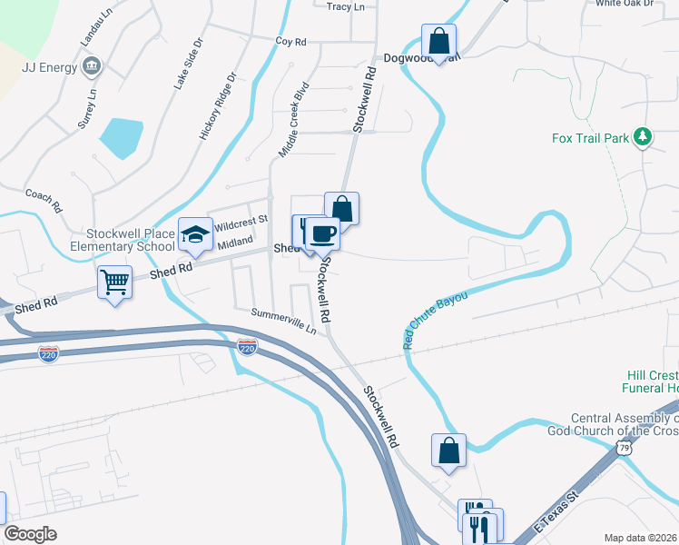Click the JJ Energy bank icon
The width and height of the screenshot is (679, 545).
[92, 65]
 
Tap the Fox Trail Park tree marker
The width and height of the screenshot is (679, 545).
[643, 137]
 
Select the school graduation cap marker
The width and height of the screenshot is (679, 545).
[194, 235]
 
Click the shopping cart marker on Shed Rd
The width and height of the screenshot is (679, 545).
[114, 282]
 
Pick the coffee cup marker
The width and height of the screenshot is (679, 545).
[322, 233]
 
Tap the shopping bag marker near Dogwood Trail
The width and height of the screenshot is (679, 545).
[438, 41]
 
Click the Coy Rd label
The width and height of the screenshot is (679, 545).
[291, 41]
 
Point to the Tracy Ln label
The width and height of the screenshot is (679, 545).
[345, 6]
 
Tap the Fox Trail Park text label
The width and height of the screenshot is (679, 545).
[590, 139]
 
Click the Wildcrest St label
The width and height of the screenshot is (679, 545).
[241, 220]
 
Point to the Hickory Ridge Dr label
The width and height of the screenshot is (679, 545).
[218, 107]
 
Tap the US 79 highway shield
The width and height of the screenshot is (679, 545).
[623, 448]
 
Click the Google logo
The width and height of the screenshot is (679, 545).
[30, 534]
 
